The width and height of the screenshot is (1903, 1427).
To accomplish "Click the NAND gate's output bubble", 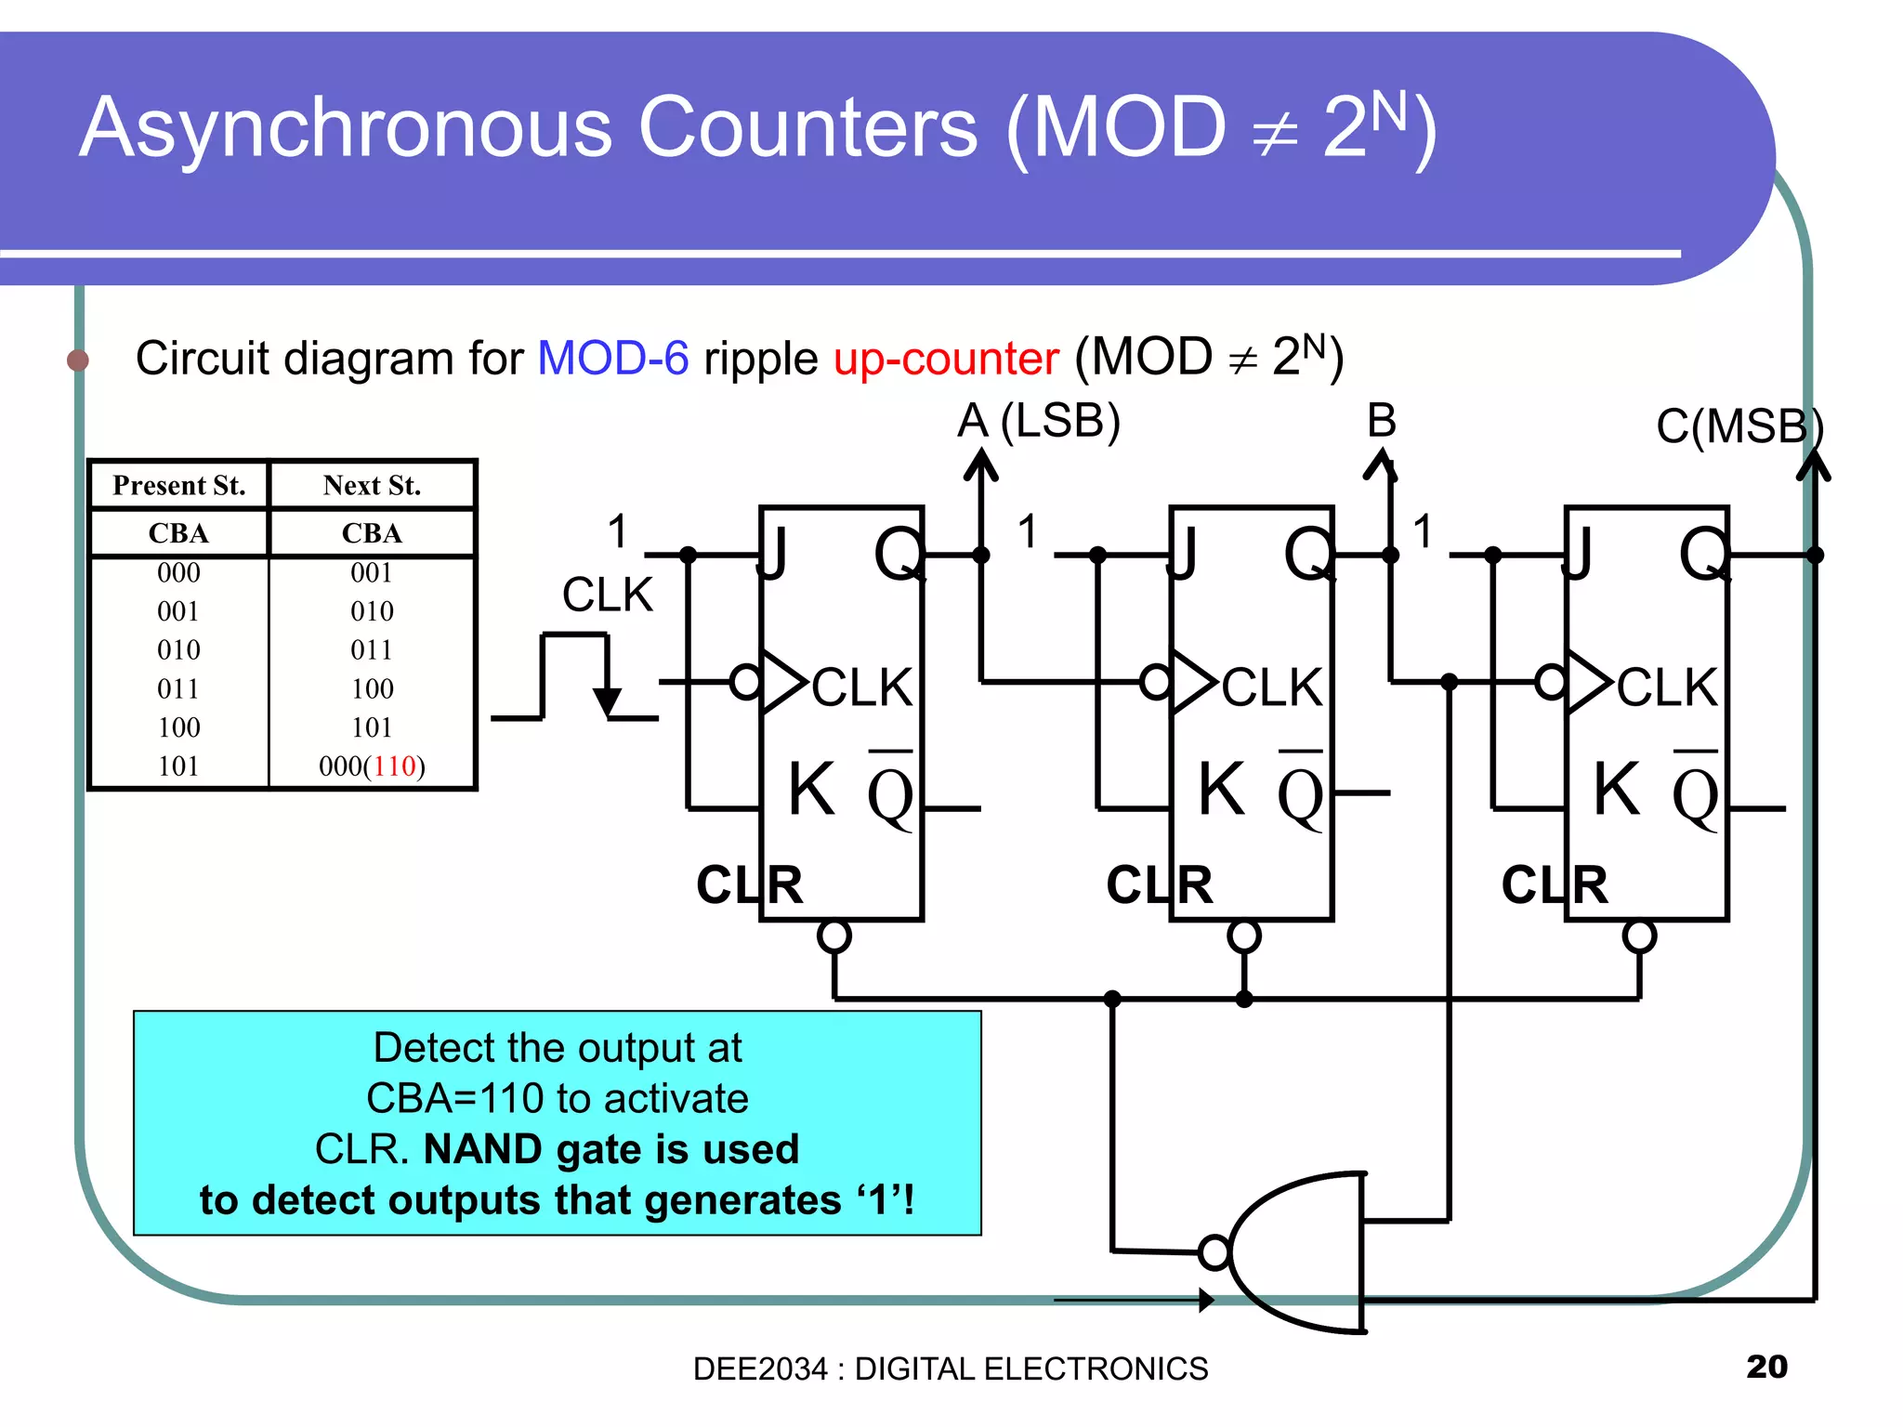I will point(1214,1252).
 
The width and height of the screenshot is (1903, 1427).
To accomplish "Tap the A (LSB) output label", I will point(1039,421).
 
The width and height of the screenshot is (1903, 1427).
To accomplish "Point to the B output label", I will point(1382,421).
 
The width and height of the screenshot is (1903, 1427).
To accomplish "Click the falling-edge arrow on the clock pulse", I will point(607,701).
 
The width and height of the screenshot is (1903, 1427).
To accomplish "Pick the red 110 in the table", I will point(395,766).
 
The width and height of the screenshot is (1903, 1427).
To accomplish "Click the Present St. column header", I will point(178,485).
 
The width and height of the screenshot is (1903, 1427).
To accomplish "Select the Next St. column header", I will point(372,485).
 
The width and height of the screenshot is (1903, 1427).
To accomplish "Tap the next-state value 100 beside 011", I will point(372,688).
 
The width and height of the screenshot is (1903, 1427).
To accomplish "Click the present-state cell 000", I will point(178,572).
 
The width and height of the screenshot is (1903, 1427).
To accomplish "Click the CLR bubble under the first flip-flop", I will point(834,936).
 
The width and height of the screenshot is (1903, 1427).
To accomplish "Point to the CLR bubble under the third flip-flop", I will point(1639,936).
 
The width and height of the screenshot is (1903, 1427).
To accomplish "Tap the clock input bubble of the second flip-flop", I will point(1156,682).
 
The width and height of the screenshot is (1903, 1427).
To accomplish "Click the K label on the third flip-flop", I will point(1617,789).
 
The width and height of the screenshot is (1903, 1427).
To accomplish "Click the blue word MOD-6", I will point(613,359).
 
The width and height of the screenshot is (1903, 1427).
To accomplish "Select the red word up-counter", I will point(946,359).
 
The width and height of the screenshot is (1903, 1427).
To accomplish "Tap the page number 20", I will point(1766,1367).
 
